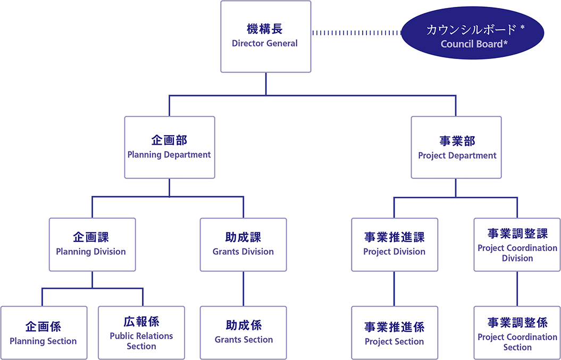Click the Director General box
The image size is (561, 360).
pos(265,37)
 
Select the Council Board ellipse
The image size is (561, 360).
pos(473,33)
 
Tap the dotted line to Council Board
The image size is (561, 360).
pos(357,34)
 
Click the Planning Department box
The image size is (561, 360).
pos(170,147)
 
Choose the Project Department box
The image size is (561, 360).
pos(456,147)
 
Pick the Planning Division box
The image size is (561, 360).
pos(93,245)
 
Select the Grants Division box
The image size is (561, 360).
pos(244,245)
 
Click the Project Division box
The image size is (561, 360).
pos(395,245)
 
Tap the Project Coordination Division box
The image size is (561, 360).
pos(517,245)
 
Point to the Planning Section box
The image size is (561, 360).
pos(44,333)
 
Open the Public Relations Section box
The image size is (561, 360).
pos(141,333)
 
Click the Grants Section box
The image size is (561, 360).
pos(244,333)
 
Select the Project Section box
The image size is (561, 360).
pos(395,333)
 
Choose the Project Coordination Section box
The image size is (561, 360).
pos(517,333)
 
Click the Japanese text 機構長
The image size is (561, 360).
pos(265,29)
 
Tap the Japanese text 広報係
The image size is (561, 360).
pos(141,321)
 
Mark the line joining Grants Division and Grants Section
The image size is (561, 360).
pos(244,289)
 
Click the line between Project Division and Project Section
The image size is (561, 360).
pos(394,289)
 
